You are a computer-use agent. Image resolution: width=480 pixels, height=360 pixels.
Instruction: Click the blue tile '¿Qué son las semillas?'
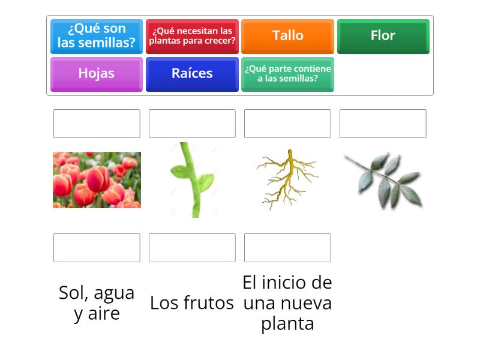[x=97, y=36]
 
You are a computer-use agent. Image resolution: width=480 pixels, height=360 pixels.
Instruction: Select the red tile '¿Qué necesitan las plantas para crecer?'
[x=192, y=36]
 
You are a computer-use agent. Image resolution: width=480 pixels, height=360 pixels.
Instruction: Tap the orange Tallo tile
[x=287, y=36]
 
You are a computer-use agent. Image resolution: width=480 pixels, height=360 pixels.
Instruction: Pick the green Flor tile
[x=383, y=36]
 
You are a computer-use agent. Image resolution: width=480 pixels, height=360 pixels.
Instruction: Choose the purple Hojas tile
[x=97, y=73]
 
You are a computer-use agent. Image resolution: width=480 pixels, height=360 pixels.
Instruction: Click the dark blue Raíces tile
[x=192, y=73]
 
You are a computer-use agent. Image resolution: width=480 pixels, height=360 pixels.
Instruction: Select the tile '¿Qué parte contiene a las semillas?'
[x=287, y=73]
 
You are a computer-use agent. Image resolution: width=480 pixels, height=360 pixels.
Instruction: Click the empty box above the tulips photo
[x=97, y=124]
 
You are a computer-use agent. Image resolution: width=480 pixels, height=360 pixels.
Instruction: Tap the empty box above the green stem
[x=192, y=124]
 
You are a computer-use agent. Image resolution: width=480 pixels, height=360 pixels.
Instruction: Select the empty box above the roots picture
[x=287, y=124]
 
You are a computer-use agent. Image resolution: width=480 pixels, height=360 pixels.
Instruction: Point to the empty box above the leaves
[x=383, y=124]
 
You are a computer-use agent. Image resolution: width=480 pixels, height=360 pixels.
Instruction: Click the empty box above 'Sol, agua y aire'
[x=97, y=248]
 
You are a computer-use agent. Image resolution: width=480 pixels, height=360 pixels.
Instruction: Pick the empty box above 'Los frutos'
[x=192, y=248]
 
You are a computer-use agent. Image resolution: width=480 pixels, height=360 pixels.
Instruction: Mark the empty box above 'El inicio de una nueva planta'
[x=287, y=248]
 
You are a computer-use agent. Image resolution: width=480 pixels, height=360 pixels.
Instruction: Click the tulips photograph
[x=97, y=180]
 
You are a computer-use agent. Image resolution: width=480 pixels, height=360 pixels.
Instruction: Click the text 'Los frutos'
[x=192, y=303]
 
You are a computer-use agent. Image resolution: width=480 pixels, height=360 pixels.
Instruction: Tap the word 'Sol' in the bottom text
[x=73, y=293]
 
